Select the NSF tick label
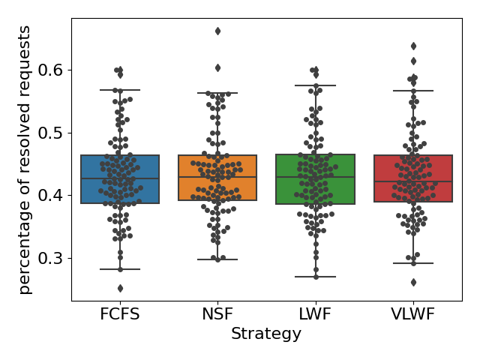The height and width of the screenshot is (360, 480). [217, 314]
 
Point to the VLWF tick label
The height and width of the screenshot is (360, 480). [412, 314]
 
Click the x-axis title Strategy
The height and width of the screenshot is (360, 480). [266, 334]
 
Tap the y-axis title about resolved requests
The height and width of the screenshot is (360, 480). [25, 160]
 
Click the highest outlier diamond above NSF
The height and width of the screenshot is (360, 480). [217, 31]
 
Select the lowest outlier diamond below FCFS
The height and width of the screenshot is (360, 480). [120, 288]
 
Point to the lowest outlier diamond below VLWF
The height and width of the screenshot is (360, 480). [413, 282]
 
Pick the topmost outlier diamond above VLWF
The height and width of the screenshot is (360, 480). [413, 46]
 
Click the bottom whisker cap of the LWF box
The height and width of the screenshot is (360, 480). [315, 277]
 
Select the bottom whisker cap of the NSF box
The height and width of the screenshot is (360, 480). [217, 259]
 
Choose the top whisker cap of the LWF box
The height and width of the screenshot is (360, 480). [315, 85]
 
